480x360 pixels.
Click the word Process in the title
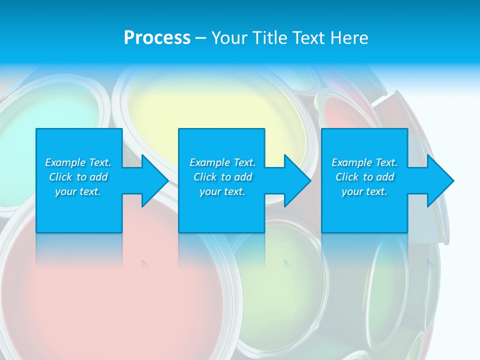coord(157,38)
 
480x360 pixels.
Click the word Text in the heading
coord(309,38)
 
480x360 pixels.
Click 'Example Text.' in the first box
coord(78,162)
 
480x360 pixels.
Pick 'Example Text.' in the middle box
coord(222,162)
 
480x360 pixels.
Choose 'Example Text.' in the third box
coord(364,162)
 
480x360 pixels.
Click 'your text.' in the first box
coord(78,191)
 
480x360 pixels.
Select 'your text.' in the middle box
coord(222,191)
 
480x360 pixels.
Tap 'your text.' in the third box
coord(364,191)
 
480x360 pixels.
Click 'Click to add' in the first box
coord(78,177)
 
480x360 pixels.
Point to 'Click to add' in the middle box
coord(222,177)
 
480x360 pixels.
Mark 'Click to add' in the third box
coord(364,177)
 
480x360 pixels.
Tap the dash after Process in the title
coord(200,38)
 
